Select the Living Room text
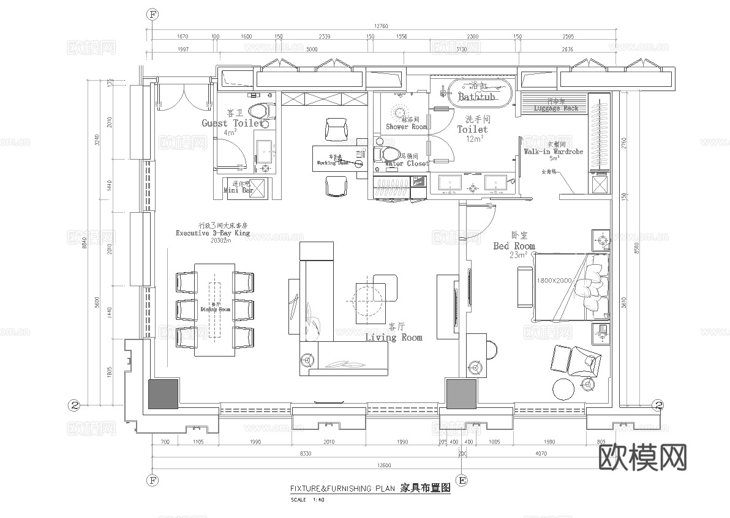pyautogui.click(x=394, y=337)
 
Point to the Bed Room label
pyautogui.click(x=514, y=246)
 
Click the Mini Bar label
pyautogui.click(x=238, y=190)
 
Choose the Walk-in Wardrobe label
pyautogui.click(x=553, y=151)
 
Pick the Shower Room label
pyautogui.click(x=406, y=127)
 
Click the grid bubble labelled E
pyautogui.click(x=462, y=480)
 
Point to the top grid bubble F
pyautogui.click(x=153, y=13)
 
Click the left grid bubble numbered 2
pyautogui.click(x=74, y=405)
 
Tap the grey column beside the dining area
pyautogui.click(x=163, y=394)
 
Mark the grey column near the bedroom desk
pyautogui.click(x=461, y=394)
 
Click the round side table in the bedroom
pyautogui.click(x=564, y=389)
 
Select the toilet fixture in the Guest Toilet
pyautogui.click(x=262, y=111)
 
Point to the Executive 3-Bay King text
pyautogui.click(x=213, y=233)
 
